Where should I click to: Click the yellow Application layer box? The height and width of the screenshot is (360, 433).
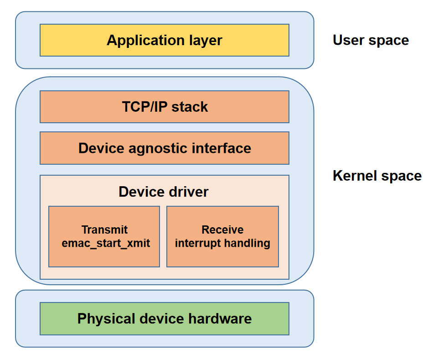click(x=164, y=40)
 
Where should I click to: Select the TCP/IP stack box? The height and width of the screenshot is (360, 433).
click(x=164, y=107)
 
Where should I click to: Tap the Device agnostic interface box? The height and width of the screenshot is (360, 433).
click(x=164, y=148)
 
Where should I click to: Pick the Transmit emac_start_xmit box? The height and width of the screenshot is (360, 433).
click(x=104, y=236)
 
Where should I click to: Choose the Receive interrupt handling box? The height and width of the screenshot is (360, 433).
click(x=222, y=236)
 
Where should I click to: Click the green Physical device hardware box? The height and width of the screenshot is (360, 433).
click(x=164, y=318)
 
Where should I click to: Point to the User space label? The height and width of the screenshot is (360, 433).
click(x=371, y=40)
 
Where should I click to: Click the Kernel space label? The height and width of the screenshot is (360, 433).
click(x=377, y=176)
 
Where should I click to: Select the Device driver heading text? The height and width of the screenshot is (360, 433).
click(x=163, y=192)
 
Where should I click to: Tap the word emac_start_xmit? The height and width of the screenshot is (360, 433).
click(x=106, y=243)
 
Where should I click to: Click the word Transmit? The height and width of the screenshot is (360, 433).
click(x=104, y=230)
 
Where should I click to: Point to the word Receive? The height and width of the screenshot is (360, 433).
click(x=222, y=230)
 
